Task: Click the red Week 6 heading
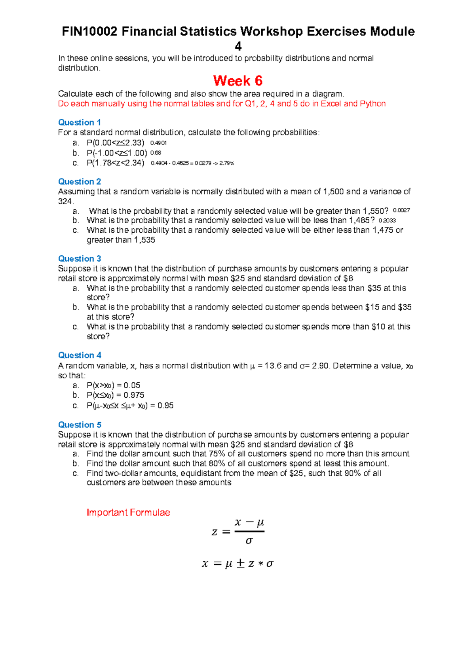[x=237, y=81]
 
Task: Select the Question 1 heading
[x=79, y=122]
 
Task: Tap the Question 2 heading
[x=79, y=182]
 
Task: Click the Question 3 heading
[x=79, y=259]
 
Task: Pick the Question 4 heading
[x=79, y=355]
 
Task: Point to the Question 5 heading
[x=79, y=425]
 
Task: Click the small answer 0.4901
[x=158, y=143]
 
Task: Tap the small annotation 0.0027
[x=401, y=211]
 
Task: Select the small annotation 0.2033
[x=387, y=221]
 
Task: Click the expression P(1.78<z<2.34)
[x=115, y=163]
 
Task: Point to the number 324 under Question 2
[x=65, y=201]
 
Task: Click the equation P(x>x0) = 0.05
[x=113, y=385]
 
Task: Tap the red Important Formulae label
[x=128, y=513]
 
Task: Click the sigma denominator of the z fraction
[x=249, y=541]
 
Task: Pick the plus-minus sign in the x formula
[x=240, y=564]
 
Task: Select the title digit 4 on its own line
[x=238, y=46]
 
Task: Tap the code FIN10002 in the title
[x=89, y=32]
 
